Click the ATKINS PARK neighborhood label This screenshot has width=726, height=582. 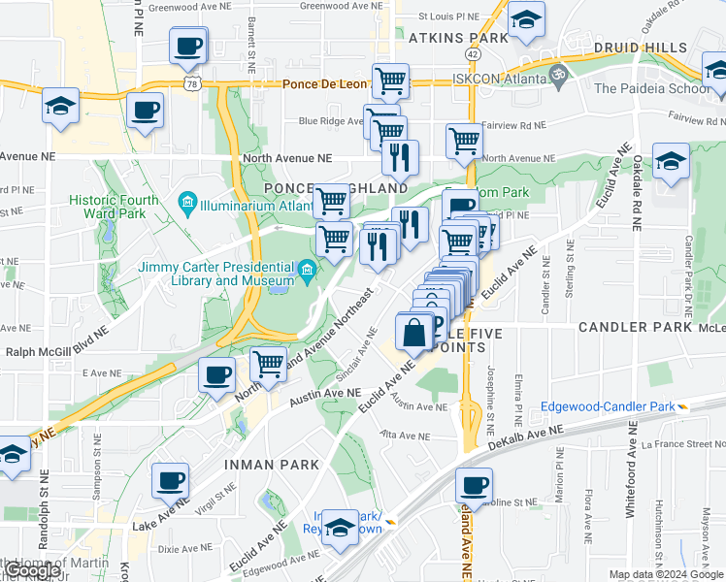(458, 38)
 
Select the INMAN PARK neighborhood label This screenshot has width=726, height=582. (271, 465)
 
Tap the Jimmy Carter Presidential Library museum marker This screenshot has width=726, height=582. (308, 271)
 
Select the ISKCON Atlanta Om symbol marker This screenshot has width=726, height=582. (557, 73)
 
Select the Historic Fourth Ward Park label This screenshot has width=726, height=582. (113, 207)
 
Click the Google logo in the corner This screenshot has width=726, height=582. (31, 571)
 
